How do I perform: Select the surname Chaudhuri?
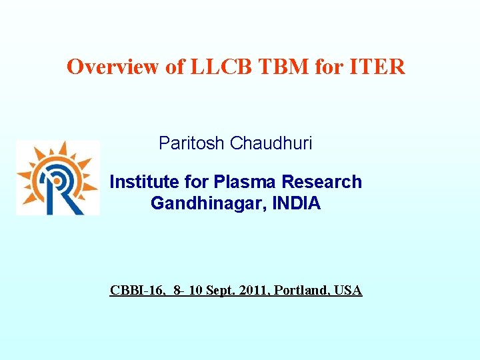(x=271, y=143)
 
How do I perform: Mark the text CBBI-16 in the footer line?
(x=135, y=291)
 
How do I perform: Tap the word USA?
(x=348, y=291)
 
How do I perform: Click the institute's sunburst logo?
(x=58, y=178)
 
